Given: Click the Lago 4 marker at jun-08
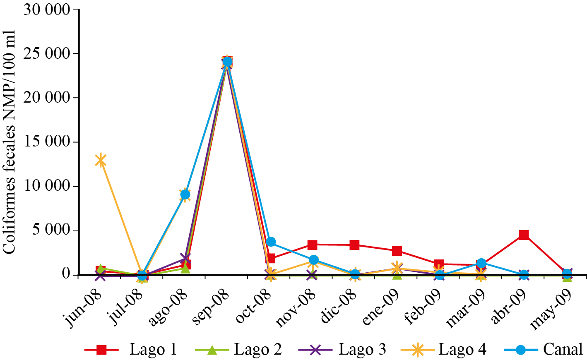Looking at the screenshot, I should [x=101, y=160].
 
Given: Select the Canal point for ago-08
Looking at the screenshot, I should [x=185, y=194].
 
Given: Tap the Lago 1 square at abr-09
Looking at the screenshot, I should [x=524, y=235].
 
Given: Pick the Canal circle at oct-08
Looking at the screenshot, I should [x=270, y=242].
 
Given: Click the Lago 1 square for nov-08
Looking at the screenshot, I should [x=313, y=245].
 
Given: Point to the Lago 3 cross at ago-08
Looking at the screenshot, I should [x=185, y=259].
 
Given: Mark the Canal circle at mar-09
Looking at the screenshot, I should [x=481, y=263].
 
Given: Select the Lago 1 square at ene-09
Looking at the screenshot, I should [x=397, y=251].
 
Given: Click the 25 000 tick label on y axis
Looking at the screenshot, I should [x=46, y=54].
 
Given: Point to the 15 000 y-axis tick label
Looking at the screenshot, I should [x=46, y=142].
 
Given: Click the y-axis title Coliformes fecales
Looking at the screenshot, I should [x=9, y=142].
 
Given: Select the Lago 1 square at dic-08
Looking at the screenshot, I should [x=354, y=245].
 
